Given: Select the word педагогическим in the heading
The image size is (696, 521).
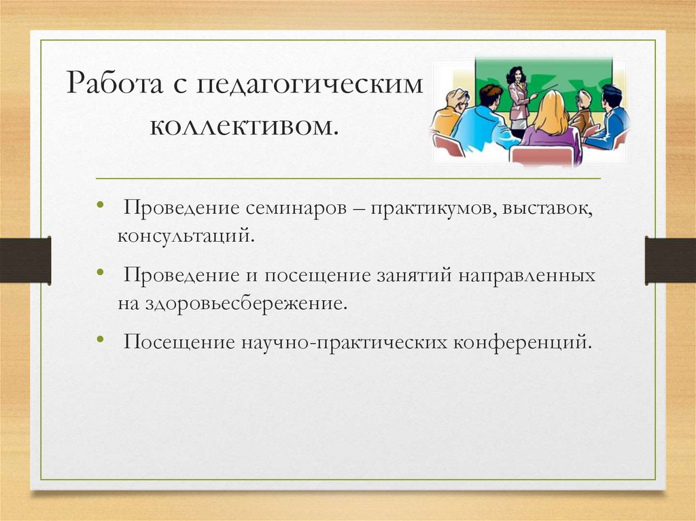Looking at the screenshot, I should (309, 88).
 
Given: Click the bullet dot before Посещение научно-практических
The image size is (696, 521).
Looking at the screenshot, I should (101, 337).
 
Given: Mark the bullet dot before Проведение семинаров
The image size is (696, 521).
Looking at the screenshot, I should (101, 206).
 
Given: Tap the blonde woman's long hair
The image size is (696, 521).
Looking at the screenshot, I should (549, 114).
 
